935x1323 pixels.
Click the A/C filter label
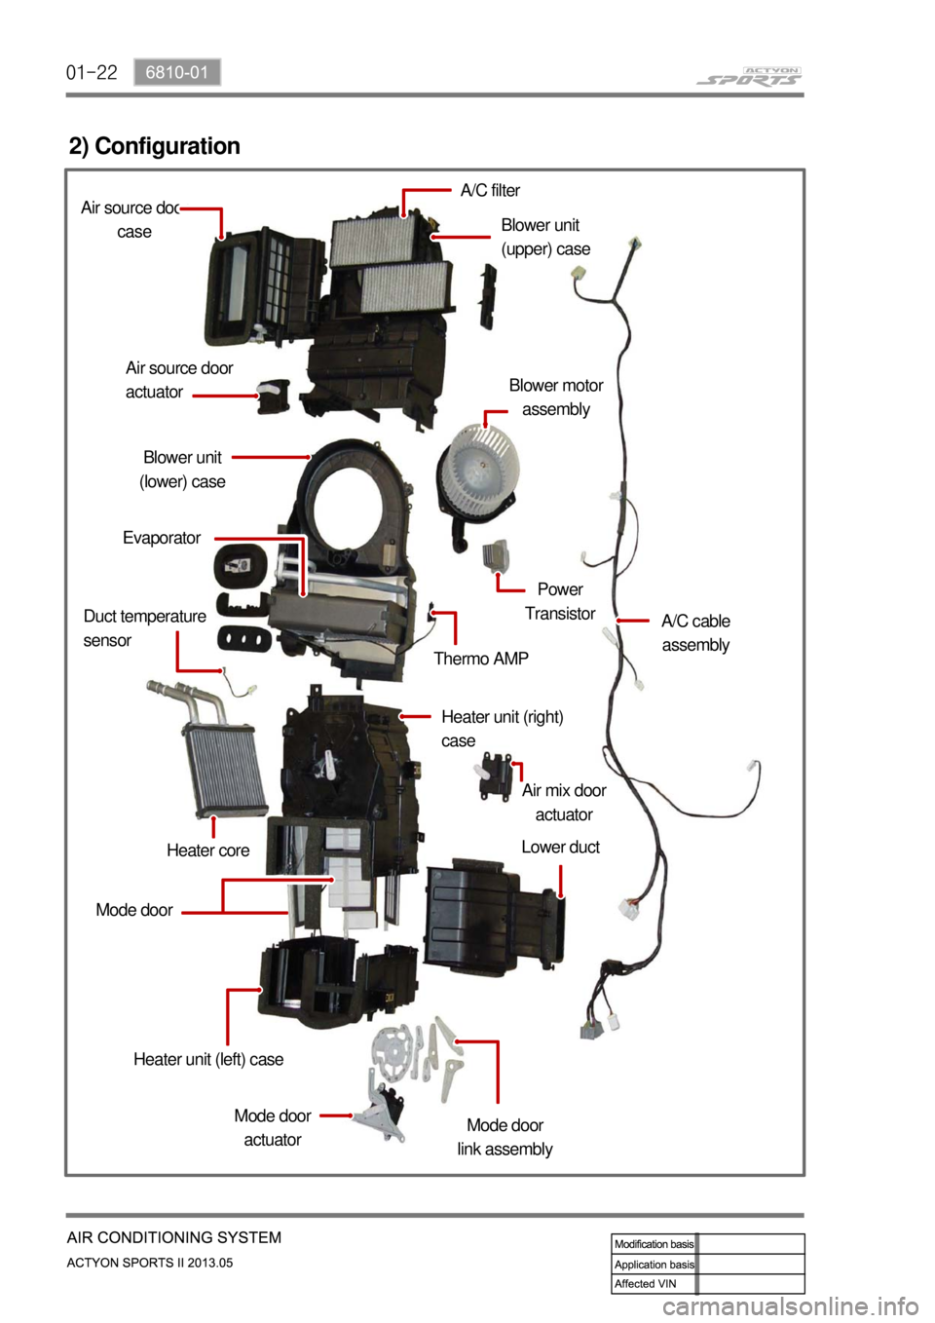(490, 190)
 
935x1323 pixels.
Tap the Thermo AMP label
(481, 659)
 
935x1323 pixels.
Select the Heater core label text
(207, 850)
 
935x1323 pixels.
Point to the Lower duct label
(560, 847)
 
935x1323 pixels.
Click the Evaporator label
(162, 538)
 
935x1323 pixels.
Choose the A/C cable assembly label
(695, 632)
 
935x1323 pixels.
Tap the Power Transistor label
(560, 601)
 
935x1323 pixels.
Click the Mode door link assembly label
(505, 1137)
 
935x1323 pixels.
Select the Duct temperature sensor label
(144, 628)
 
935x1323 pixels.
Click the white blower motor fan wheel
(476, 468)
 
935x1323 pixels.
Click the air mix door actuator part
(496, 776)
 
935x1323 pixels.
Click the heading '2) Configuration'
(155, 146)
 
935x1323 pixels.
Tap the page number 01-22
(92, 72)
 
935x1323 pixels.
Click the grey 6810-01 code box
(177, 72)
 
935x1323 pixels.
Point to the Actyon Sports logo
(749, 76)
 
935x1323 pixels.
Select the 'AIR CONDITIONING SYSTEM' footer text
(174, 1237)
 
